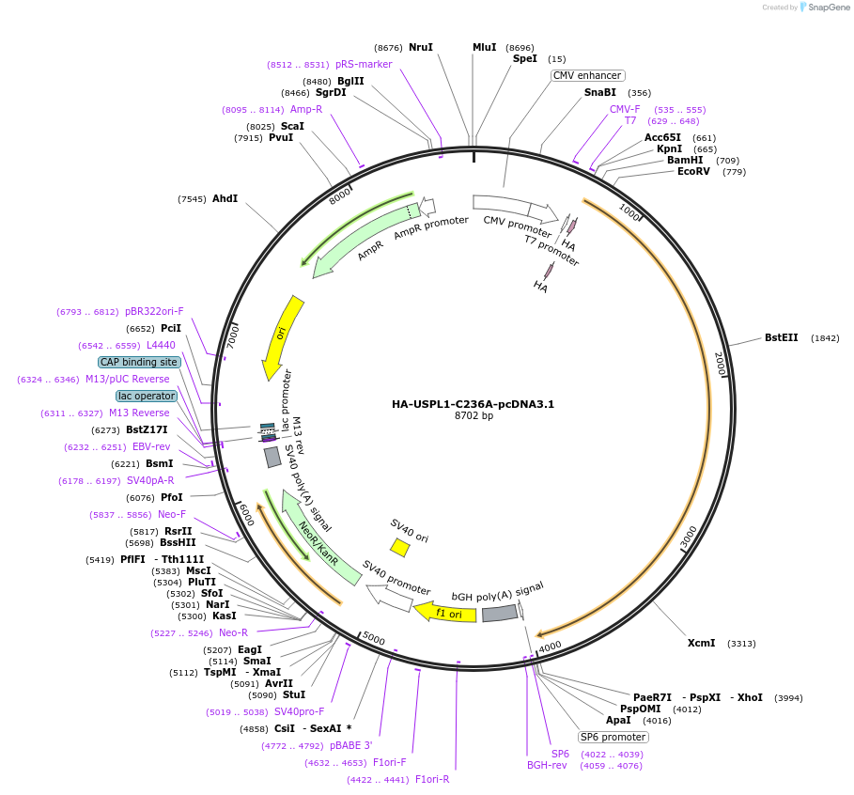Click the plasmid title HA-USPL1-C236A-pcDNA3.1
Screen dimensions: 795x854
473,404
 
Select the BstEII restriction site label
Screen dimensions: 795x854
781,337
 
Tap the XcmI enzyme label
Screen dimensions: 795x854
701,643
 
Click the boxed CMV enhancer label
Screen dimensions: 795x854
588,75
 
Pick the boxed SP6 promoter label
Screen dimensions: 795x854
613,737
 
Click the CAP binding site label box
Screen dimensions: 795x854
139,362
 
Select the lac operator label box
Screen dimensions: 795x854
147,396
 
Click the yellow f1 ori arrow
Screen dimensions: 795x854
447,612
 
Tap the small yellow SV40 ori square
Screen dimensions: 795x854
399,547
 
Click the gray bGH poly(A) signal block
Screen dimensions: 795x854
499,613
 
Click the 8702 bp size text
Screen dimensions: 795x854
473,415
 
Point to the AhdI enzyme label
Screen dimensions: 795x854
225,198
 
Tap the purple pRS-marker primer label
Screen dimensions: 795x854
364,64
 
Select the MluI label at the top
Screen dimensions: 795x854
484,47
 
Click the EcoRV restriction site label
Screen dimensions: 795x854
694,171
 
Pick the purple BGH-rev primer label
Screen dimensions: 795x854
547,765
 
